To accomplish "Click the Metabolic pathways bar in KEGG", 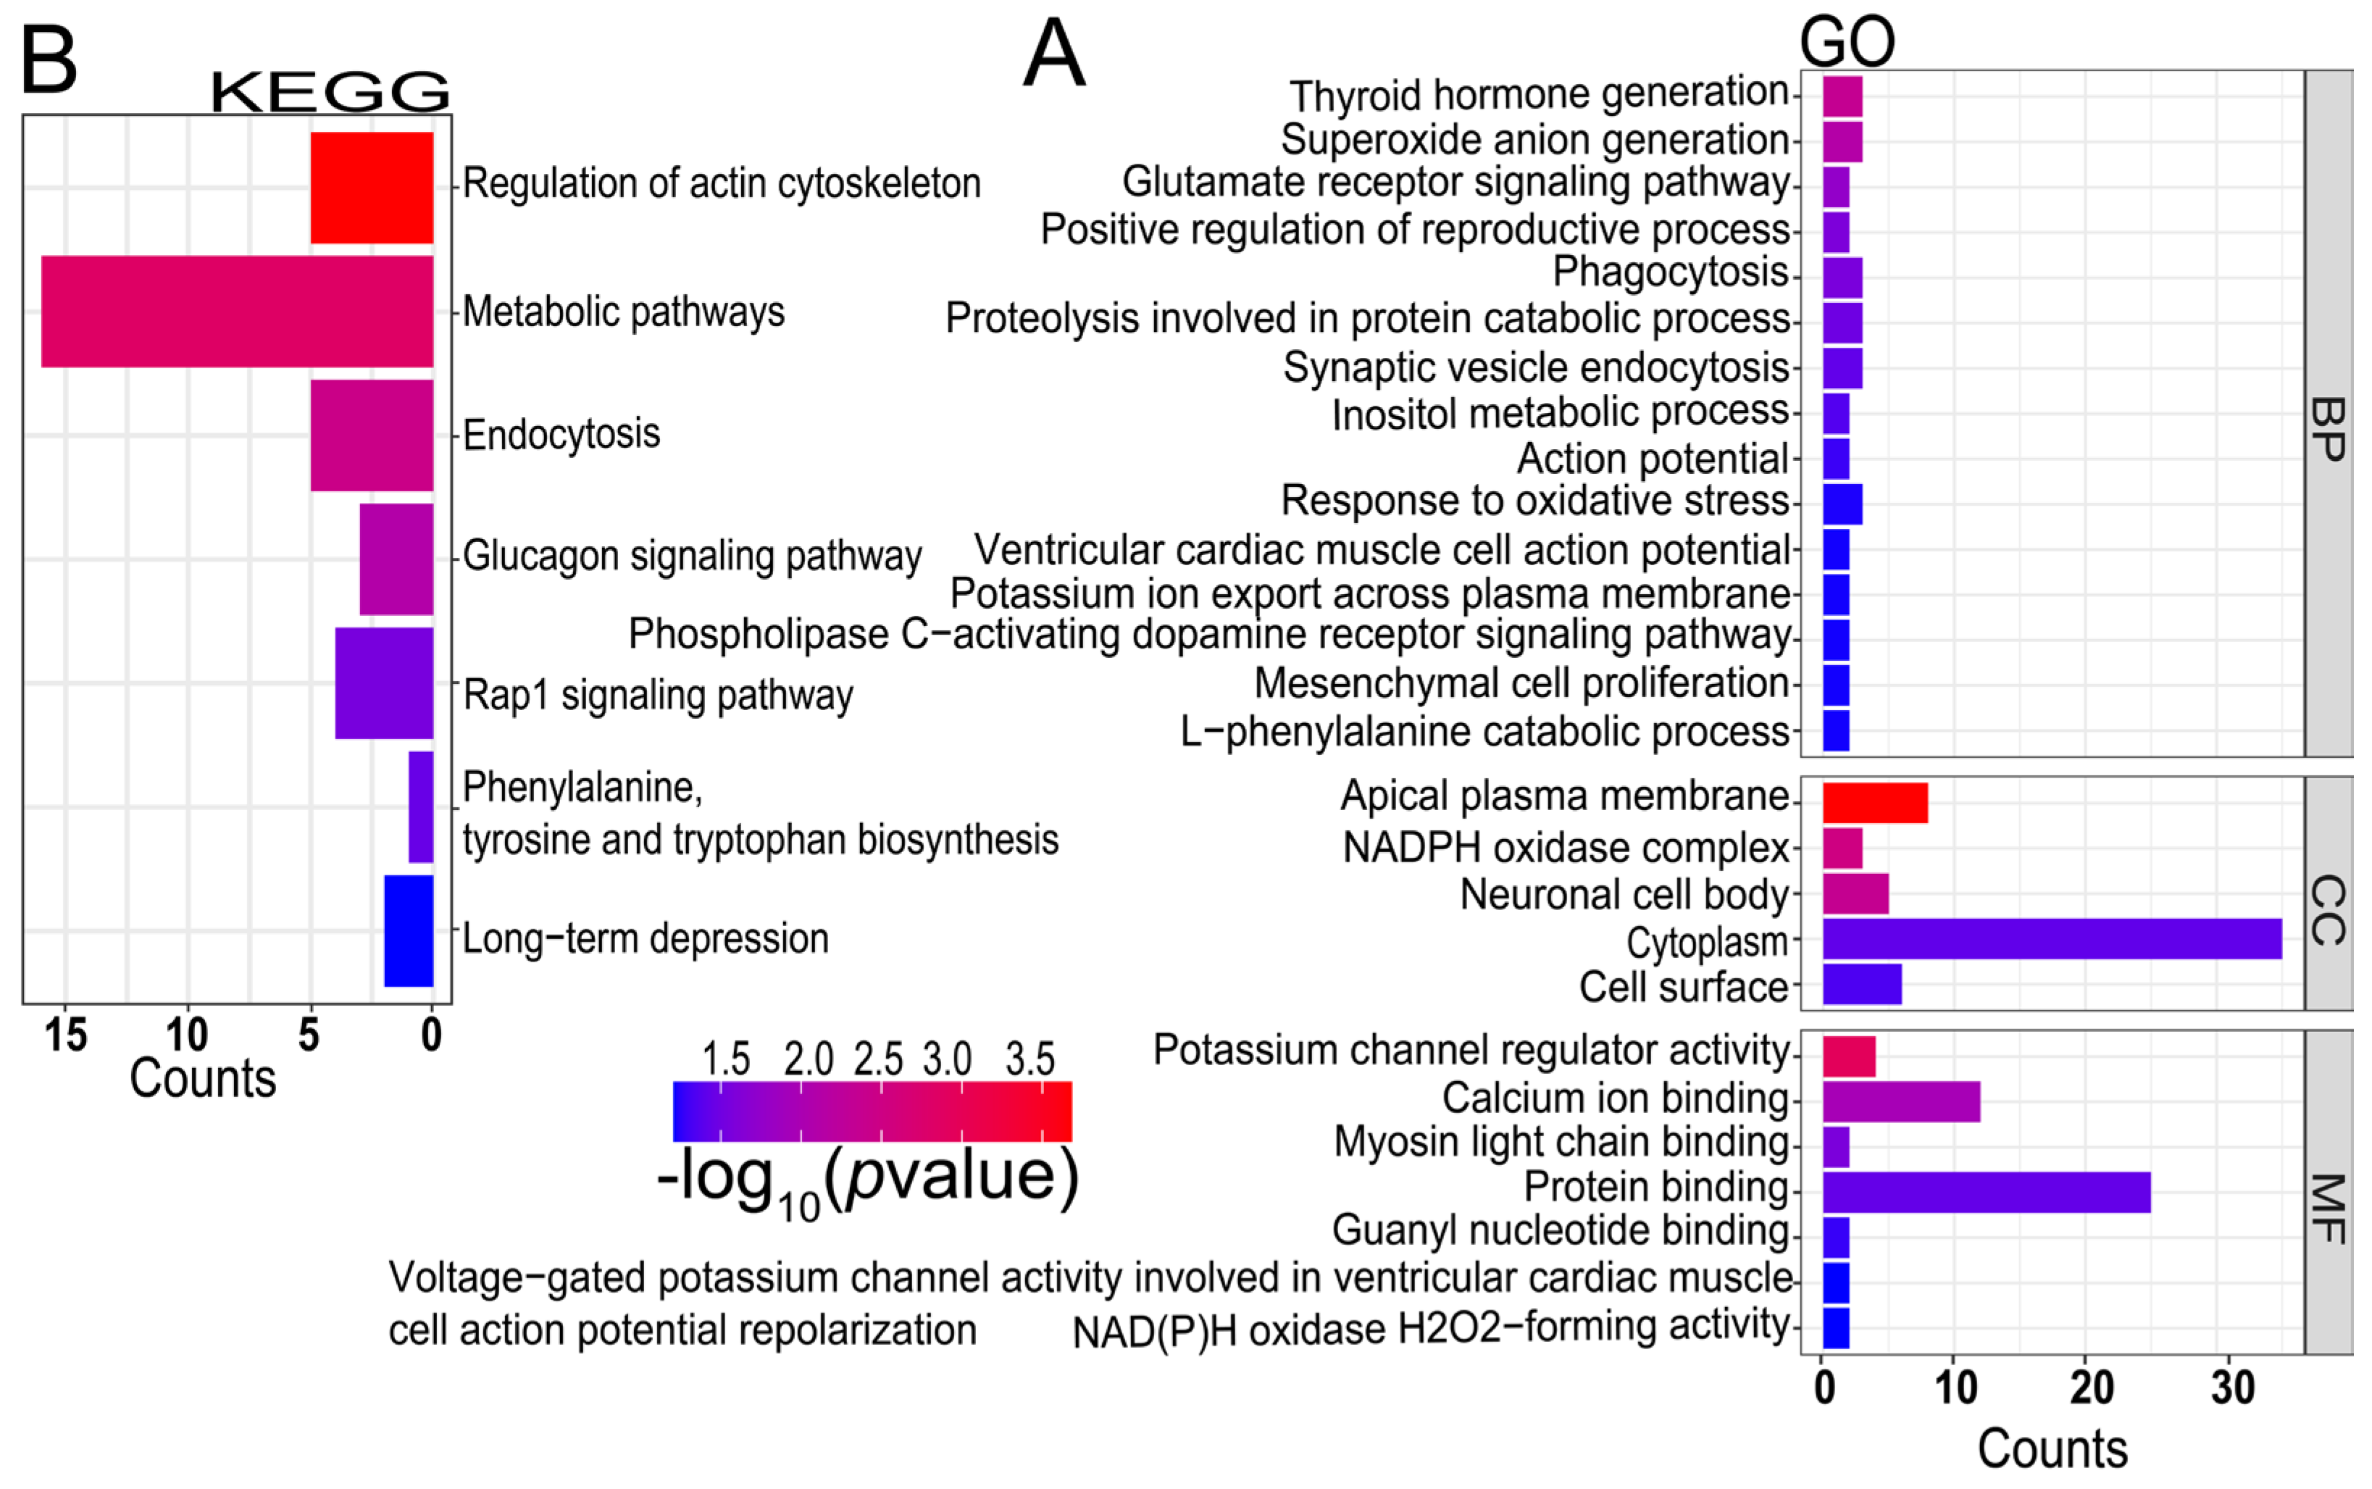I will point(236,311).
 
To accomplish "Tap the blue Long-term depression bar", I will point(408,930).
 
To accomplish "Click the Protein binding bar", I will point(1985,1192).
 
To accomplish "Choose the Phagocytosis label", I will point(1669,272).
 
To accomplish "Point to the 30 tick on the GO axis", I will point(2232,1388).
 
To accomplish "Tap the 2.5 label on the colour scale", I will point(877,1059).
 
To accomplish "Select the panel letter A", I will point(1053,54).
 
